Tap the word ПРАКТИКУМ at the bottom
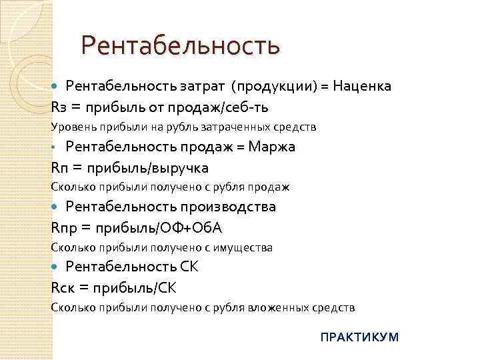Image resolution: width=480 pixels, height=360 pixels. click(359, 337)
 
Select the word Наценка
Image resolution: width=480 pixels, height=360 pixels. click(362, 87)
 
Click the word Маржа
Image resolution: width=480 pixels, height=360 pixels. click(271, 147)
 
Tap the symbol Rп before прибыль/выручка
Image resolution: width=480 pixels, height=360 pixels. click(59, 167)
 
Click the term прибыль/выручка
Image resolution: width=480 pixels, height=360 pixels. click(155, 167)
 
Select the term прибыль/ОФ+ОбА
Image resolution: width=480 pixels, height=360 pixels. click(160, 228)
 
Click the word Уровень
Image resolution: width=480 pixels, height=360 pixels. click(71, 126)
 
